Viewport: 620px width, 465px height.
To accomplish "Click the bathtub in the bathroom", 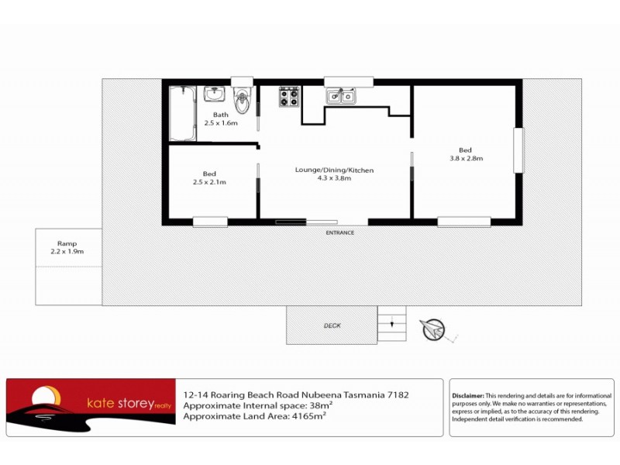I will (x=182, y=114).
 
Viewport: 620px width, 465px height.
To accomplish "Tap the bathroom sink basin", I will (x=215, y=95).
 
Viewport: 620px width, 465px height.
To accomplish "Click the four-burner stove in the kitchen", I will (x=289, y=96).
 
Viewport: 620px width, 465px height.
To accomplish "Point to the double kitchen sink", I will (x=340, y=96).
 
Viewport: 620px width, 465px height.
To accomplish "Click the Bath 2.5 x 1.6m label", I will (x=221, y=119).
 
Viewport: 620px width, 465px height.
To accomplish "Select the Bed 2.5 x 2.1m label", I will (x=209, y=177).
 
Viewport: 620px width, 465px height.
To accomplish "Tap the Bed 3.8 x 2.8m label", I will (x=465, y=154).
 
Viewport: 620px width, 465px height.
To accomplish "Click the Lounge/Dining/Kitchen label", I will (x=334, y=174).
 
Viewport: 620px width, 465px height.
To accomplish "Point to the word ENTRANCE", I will (x=339, y=232).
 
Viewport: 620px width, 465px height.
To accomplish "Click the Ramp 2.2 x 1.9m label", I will (x=67, y=247).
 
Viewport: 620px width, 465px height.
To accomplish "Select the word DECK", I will (x=332, y=326).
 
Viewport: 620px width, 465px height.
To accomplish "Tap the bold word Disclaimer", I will (x=467, y=395).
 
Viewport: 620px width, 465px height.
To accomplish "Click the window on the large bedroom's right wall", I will (x=518, y=150).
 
